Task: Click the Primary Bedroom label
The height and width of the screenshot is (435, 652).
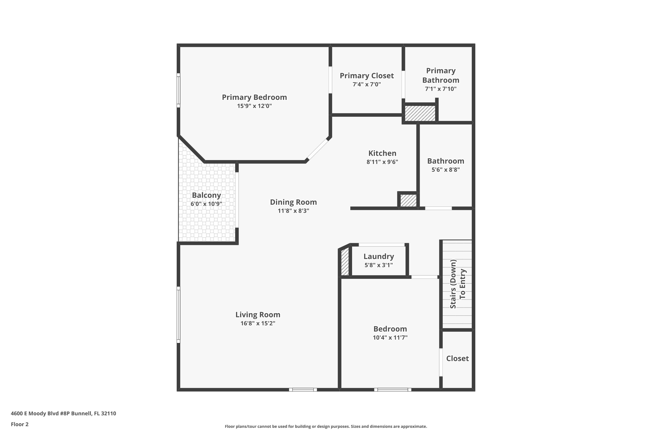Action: (254, 97)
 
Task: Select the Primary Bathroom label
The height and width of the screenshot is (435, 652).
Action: (441, 75)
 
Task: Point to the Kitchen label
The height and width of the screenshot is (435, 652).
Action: (382, 153)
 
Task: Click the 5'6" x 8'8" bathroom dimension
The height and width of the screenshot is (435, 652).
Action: (446, 169)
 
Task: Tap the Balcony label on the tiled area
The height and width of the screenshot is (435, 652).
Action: (206, 195)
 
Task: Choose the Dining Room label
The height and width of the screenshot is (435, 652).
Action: (293, 202)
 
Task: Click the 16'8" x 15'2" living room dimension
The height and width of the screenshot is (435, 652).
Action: (258, 323)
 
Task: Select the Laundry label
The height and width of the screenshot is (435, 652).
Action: (379, 256)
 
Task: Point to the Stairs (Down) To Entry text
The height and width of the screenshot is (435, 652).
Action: (458, 284)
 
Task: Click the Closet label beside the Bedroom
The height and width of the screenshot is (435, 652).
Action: (457, 358)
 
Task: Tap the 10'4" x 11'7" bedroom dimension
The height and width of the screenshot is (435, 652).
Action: (390, 338)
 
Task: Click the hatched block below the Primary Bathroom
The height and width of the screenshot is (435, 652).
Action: (420, 113)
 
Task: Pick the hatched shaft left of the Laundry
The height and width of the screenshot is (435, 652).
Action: (344, 262)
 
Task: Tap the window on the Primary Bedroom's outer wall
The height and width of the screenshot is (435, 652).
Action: (178, 90)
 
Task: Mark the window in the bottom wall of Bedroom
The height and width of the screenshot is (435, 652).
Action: (393, 390)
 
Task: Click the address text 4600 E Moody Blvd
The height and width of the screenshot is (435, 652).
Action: (63, 413)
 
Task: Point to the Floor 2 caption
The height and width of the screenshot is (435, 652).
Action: (20, 424)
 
